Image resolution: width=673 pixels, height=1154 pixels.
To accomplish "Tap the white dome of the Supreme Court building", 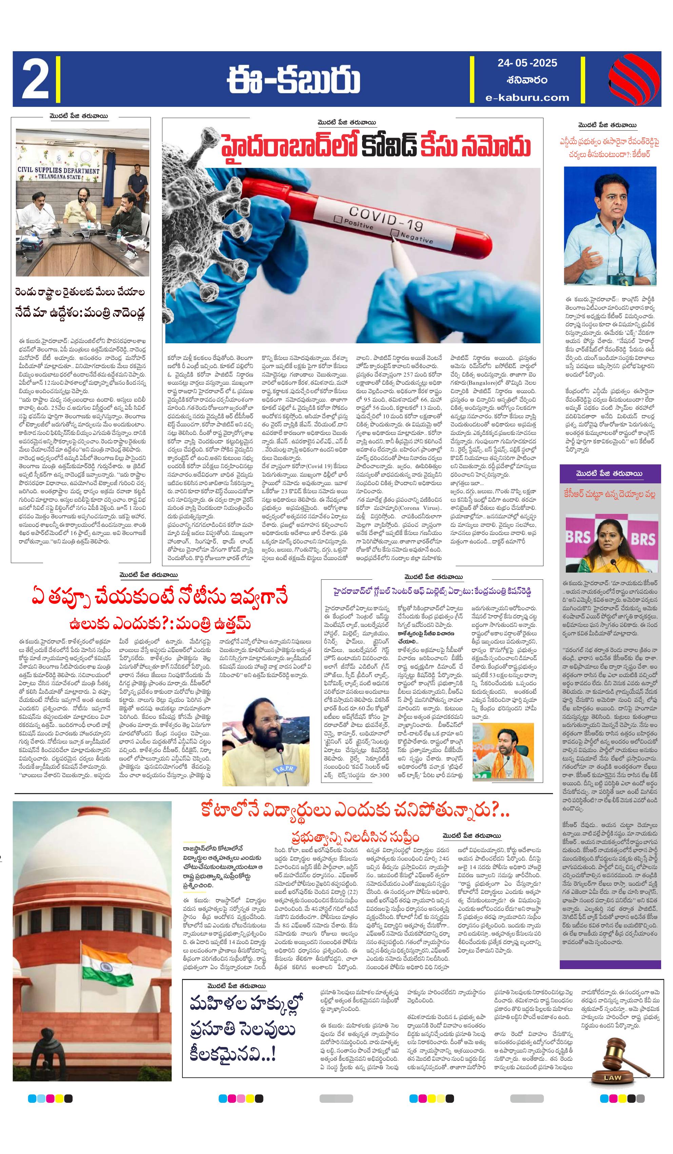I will [92, 866].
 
